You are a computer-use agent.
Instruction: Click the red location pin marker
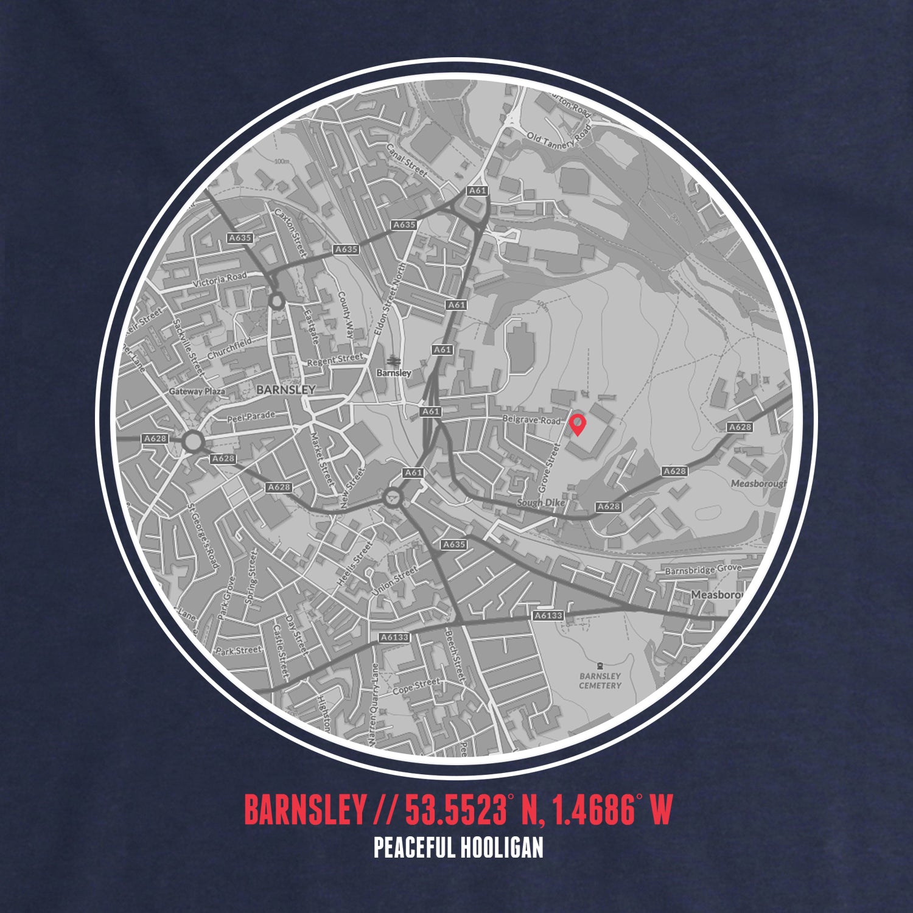577,424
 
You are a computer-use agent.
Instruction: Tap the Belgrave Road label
531,420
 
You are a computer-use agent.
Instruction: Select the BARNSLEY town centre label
286,390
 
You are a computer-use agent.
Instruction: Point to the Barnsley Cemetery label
600,680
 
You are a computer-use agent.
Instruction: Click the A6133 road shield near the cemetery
548,616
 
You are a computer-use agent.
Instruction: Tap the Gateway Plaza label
197,391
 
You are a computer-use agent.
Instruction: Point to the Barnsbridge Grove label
702,570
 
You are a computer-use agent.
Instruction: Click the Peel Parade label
251,418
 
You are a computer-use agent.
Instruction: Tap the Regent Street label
335,360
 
